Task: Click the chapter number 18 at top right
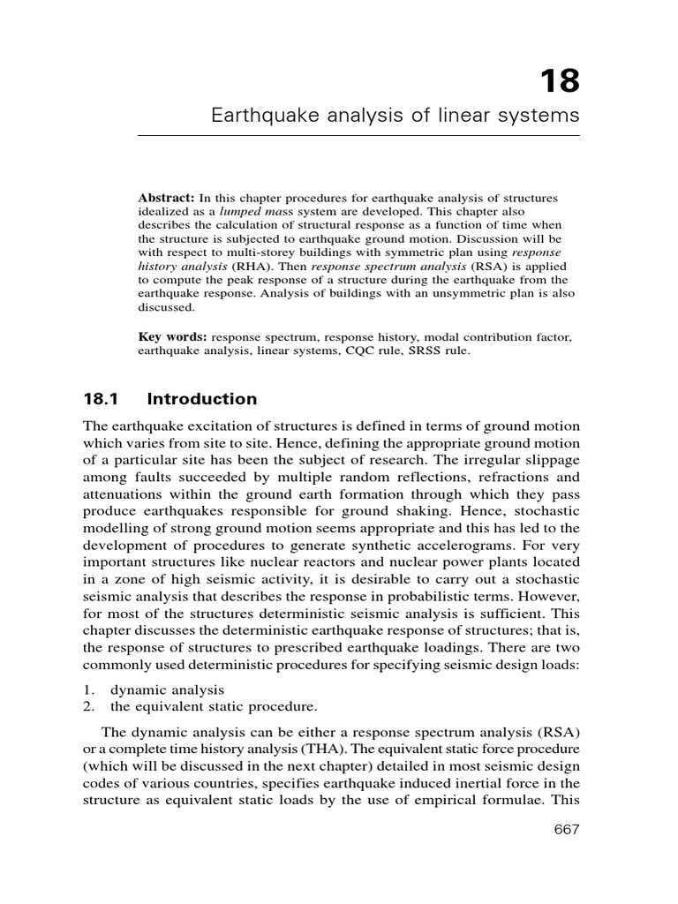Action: (x=560, y=80)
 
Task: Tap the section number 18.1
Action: (x=100, y=398)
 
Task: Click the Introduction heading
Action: (x=202, y=398)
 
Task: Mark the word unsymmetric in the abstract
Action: (x=455, y=295)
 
